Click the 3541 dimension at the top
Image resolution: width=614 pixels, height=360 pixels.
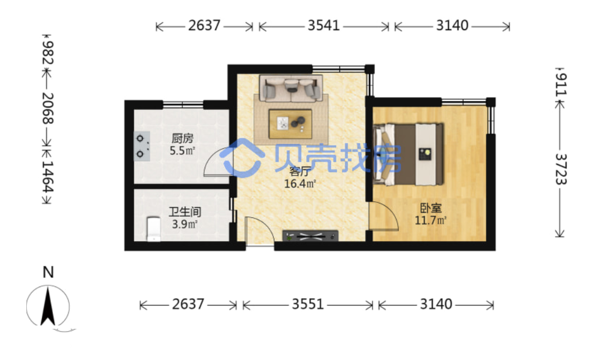tap(323, 26)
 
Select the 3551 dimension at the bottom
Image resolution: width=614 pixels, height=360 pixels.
tap(308, 304)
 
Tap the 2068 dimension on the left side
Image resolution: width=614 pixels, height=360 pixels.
tap(48, 109)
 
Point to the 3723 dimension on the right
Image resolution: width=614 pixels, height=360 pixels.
tap(561, 169)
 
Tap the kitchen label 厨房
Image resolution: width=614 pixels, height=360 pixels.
tap(182, 139)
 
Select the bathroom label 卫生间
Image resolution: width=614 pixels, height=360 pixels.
tap(185, 212)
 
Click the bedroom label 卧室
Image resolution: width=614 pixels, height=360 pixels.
tap(431, 208)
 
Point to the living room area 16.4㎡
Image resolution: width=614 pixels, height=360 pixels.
tap(300, 183)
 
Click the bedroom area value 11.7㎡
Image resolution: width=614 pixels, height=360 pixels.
tap(431, 220)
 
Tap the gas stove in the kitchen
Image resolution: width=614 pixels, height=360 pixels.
tap(142, 147)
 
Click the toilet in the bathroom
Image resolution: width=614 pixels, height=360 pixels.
tap(153, 229)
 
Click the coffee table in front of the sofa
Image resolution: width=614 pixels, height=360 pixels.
tap(290, 124)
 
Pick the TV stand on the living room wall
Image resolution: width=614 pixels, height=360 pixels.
tap(310, 236)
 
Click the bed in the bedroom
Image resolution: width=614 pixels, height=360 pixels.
tap(409, 154)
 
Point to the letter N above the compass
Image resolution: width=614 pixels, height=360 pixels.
tap(48, 273)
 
